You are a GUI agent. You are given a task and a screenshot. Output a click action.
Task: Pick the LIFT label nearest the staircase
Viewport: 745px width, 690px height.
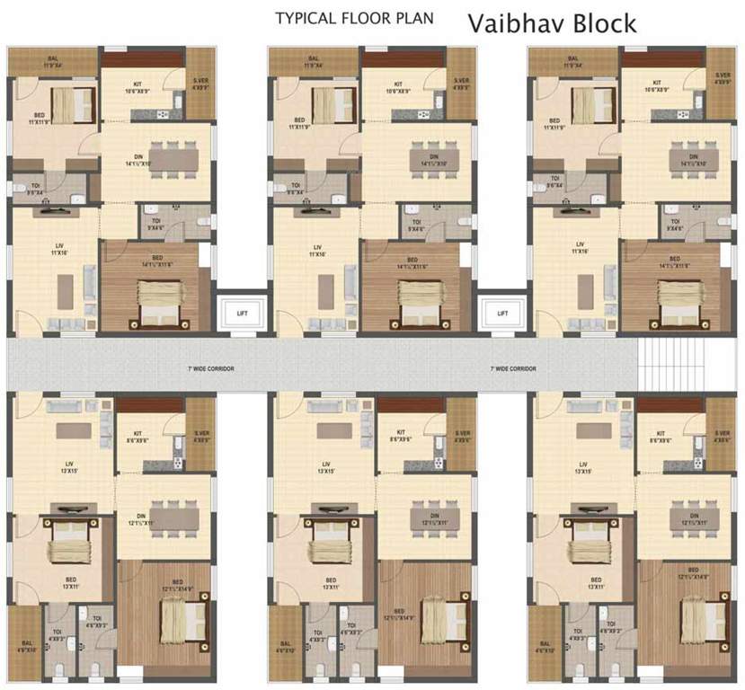(x=502, y=314)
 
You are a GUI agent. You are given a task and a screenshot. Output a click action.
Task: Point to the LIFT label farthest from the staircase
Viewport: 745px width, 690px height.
(x=242, y=314)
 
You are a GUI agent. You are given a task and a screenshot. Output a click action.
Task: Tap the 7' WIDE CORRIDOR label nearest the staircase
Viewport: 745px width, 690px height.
(x=513, y=369)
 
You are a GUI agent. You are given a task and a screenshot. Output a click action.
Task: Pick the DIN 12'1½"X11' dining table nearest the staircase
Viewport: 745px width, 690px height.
(x=690, y=517)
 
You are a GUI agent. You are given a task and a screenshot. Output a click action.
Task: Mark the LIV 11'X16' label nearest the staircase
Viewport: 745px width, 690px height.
(x=581, y=249)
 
